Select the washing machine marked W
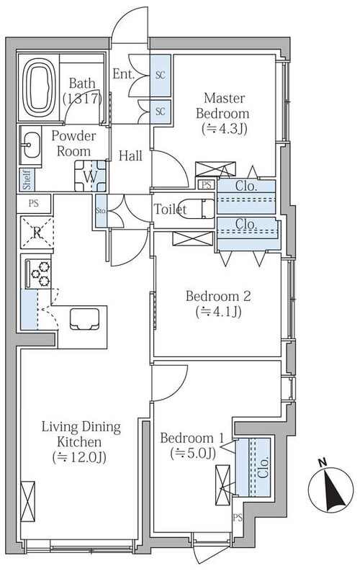pyautogui.click(x=91, y=176)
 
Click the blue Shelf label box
pyautogui.click(x=27, y=179)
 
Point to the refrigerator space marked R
pyautogui.click(x=37, y=233)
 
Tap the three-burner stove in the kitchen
pyautogui.click(x=39, y=274)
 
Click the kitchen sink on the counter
pyautogui.click(x=85, y=318)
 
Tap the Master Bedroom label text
pyautogui.click(x=224, y=105)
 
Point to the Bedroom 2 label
pyautogui.click(x=218, y=296)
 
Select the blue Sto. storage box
pyautogui.click(x=102, y=211)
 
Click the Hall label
pyautogui.click(x=130, y=156)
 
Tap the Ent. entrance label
pyautogui.click(x=123, y=74)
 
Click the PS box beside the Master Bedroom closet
pyautogui.click(x=207, y=185)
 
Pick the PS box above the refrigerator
pyautogui.click(x=33, y=203)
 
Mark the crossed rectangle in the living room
pyautogui.click(x=28, y=501)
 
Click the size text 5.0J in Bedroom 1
pyautogui.click(x=193, y=454)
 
